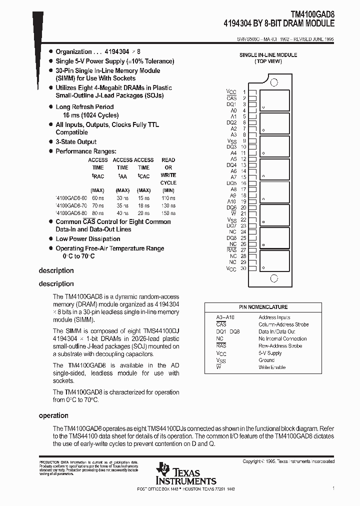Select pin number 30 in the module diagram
coord(243,268)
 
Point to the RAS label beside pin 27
coord(232,250)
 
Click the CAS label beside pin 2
coord(231,98)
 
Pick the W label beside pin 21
coord(233,213)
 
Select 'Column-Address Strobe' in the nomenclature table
coord(283,324)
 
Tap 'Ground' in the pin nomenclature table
coord(266,360)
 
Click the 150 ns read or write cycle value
coord(168,212)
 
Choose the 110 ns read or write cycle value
coord(168,198)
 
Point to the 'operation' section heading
coord(53,415)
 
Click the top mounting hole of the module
coord(274,82)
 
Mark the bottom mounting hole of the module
coord(273,279)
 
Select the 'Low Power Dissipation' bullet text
coord(88,239)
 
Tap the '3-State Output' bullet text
coord(76,142)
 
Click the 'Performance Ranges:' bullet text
coord(85,151)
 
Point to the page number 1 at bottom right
coord(333,487)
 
